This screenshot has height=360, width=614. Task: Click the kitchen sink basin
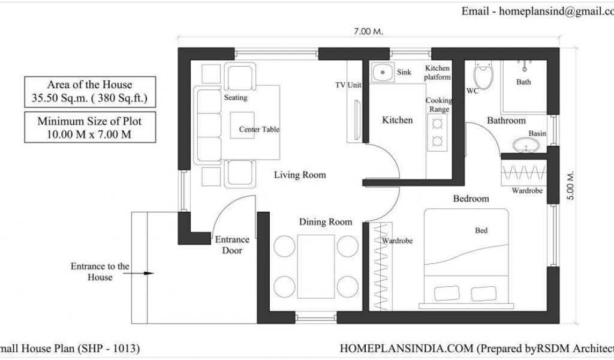pyautogui.click(x=383, y=72)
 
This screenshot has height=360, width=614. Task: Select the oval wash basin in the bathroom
pyautogui.click(x=526, y=145)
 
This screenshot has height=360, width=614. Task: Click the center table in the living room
pyautogui.click(x=242, y=125)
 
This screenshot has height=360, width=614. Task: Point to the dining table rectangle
pyautogui.click(x=316, y=266)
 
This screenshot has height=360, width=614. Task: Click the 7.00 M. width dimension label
pyautogui.click(x=368, y=31)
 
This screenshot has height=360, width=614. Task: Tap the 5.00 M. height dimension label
pyautogui.click(x=571, y=185)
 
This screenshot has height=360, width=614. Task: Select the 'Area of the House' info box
pyautogui.click(x=90, y=92)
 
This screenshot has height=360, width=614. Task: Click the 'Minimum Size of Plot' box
pyautogui.click(x=90, y=127)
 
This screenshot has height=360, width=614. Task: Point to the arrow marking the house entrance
pyautogui.click(x=139, y=273)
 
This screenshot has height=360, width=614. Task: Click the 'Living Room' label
pyautogui.click(x=300, y=175)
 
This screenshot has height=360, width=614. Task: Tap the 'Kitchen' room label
pyautogui.click(x=398, y=120)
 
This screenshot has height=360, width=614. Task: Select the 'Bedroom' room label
pyautogui.click(x=471, y=199)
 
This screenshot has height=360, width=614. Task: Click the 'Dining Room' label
pyautogui.click(x=326, y=222)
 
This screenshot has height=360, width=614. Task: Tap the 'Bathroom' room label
pyautogui.click(x=506, y=120)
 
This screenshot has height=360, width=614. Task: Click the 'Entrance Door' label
pyautogui.click(x=232, y=245)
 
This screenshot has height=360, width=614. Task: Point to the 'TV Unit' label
pyautogui.click(x=348, y=85)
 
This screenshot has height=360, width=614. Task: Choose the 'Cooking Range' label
pyautogui.click(x=439, y=104)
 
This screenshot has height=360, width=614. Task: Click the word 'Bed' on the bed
pyautogui.click(x=481, y=230)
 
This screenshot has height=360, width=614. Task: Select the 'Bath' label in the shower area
pyautogui.click(x=523, y=82)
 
